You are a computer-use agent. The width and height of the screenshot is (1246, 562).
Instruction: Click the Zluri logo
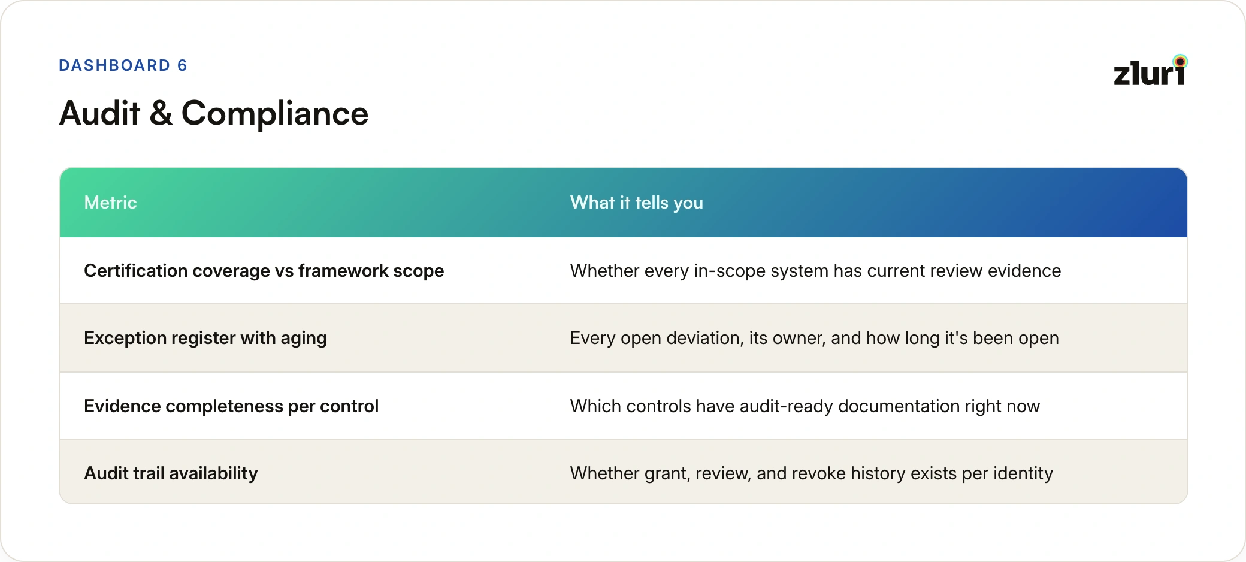pos(1150,71)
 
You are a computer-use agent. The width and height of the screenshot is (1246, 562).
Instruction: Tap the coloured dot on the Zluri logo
pos(1180,61)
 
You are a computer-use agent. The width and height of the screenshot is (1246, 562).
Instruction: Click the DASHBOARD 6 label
pos(123,65)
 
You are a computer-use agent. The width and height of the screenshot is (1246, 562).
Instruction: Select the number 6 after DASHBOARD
pos(182,65)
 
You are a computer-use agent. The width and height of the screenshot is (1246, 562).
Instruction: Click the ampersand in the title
pos(161,113)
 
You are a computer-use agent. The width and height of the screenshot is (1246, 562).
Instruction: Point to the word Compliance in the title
pos(275,113)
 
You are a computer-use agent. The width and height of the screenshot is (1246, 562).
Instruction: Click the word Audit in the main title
pos(100,113)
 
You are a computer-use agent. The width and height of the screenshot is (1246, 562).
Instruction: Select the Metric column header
pos(110,203)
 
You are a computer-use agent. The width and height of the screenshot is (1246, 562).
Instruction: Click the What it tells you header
pos(637,203)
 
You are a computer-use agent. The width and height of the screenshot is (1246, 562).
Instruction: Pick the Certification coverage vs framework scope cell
pos(264,271)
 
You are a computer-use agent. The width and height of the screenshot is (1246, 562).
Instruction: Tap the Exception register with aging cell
pos(205,339)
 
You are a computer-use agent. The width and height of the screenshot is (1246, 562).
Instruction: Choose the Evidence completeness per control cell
pos(231,406)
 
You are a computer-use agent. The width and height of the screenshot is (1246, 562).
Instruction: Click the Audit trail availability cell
pos(171,473)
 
